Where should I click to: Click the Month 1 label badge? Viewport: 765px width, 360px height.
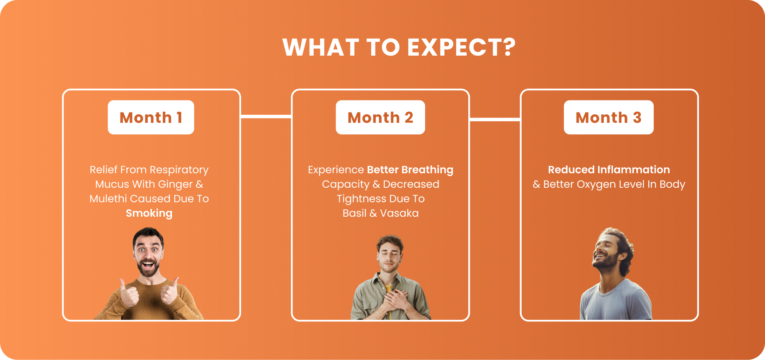point(151,117)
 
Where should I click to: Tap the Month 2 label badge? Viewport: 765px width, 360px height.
point(380,117)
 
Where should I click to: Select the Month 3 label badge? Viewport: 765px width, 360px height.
point(609,117)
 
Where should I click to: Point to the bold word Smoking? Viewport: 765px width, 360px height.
point(149,213)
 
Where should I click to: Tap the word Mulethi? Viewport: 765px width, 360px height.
point(108,199)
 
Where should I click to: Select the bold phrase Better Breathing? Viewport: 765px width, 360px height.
point(410,170)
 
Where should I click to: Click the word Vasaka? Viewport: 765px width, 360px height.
point(399,213)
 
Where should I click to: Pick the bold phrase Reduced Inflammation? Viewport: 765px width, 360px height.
point(609,170)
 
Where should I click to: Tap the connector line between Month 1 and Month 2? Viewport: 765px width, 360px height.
point(266,116)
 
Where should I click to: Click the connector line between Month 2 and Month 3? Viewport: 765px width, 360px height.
point(495,119)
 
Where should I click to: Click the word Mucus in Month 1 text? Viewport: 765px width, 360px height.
point(112,185)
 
